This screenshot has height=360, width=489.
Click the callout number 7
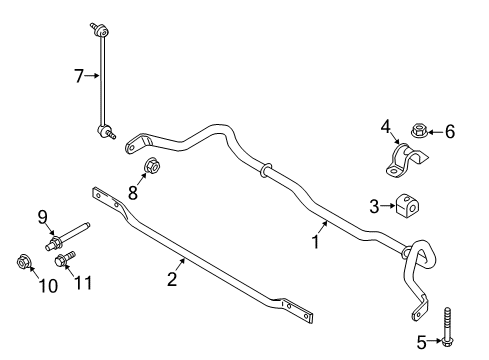(x=79, y=76)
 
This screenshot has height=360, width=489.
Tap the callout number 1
(x=315, y=242)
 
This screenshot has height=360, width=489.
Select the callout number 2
(x=172, y=279)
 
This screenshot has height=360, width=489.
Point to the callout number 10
(x=49, y=286)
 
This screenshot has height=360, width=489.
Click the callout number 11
(x=82, y=283)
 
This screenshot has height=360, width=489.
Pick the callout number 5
(x=422, y=342)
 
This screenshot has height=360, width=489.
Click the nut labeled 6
(x=419, y=130)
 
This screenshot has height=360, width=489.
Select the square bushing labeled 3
(x=408, y=205)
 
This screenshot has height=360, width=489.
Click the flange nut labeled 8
(x=152, y=165)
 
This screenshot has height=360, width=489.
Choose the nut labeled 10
(x=23, y=262)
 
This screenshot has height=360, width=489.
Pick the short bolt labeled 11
(x=65, y=259)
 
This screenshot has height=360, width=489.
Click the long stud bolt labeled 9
(x=68, y=235)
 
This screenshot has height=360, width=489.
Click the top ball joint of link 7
(x=100, y=30)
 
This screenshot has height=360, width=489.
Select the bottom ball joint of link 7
(x=105, y=131)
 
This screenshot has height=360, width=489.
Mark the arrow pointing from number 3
(x=388, y=206)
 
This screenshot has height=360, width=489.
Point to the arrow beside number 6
(x=435, y=132)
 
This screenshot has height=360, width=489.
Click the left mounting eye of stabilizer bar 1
(x=132, y=147)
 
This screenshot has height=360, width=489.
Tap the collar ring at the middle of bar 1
(x=266, y=170)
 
